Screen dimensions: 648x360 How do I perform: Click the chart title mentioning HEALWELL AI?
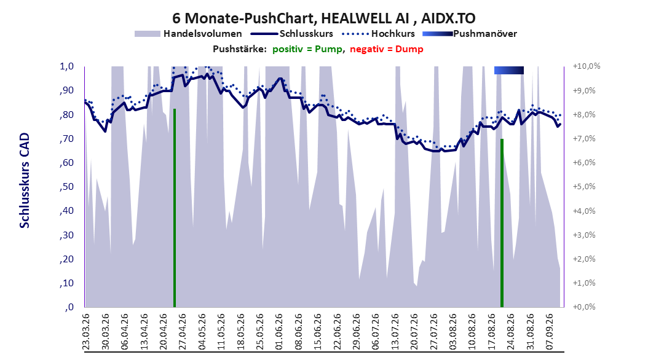point(323,18)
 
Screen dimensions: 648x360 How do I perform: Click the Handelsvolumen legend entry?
point(188,34)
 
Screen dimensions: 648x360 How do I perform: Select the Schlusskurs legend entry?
point(292,34)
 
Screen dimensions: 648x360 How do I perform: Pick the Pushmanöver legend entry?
point(470,34)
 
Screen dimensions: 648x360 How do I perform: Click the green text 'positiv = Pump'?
point(307,49)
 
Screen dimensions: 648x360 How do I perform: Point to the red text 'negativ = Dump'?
point(387,49)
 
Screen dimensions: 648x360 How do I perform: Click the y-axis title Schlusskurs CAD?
point(25,181)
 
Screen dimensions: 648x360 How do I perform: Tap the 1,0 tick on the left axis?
point(66,66)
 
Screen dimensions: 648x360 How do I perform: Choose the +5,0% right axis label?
point(584,187)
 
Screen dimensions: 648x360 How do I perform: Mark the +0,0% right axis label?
point(584,307)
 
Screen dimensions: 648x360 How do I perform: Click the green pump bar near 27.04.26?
point(175,208)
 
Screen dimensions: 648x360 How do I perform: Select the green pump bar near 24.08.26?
point(502,223)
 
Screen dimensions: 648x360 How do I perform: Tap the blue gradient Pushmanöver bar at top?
point(508,70)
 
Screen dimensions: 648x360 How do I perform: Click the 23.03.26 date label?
point(86,332)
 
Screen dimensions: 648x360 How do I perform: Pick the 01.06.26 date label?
point(279,332)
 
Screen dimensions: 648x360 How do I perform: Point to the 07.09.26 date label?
point(550,332)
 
